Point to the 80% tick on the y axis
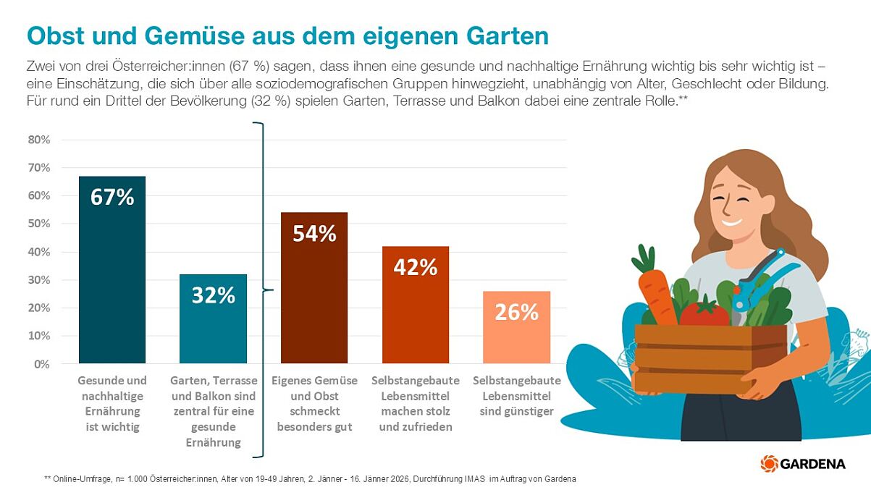(38, 140)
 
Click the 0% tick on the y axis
(41, 364)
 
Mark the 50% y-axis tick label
(38, 224)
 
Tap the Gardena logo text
(812, 464)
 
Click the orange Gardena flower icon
(769, 463)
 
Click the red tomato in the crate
(704, 313)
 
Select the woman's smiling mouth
(731, 221)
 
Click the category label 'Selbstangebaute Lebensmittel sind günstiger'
(516, 396)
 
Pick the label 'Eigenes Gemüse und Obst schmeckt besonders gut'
(314, 404)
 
